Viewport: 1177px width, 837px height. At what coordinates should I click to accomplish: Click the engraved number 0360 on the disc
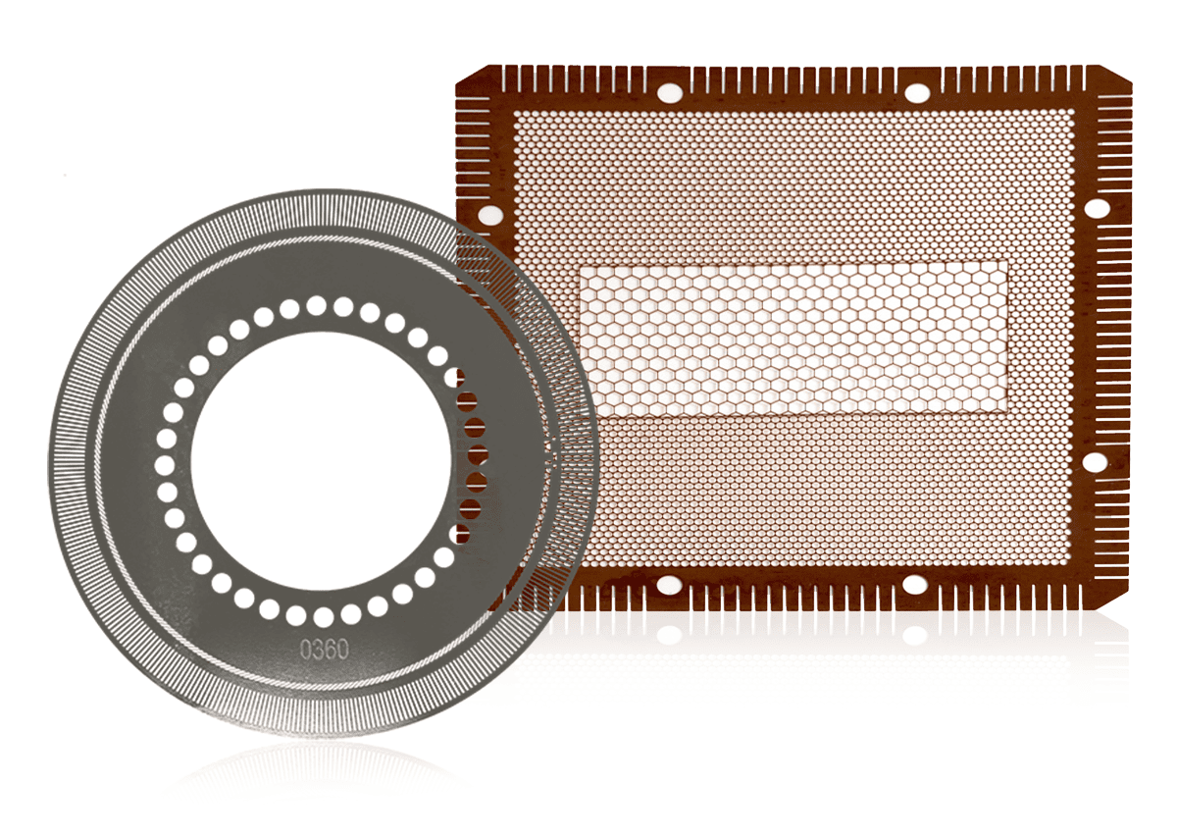click(x=325, y=650)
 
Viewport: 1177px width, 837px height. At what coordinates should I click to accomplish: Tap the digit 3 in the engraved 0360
click(x=318, y=650)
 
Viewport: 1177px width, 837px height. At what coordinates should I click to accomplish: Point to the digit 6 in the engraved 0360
click(x=331, y=650)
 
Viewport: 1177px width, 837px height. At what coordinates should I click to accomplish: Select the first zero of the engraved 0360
click(x=306, y=650)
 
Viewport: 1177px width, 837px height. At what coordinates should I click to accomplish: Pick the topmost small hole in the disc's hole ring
click(x=316, y=305)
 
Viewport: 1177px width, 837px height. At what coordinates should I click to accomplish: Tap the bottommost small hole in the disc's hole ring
click(x=324, y=617)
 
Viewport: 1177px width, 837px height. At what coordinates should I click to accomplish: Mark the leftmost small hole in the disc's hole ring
click(x=165, y=466)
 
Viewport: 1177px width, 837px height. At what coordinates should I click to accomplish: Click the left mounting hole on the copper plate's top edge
click(x=671, y=93)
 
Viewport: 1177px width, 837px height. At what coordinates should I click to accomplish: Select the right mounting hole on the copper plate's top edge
click(x=917, y=93)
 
